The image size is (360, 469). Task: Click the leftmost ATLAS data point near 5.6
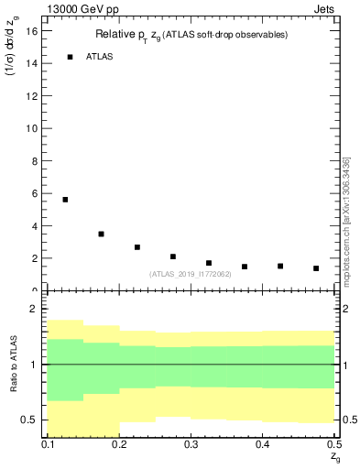tap(65, 200)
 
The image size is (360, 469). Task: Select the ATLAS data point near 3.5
tap(101, 234)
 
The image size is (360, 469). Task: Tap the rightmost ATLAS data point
tap(316, 268)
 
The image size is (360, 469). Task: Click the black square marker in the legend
tap(70, 57)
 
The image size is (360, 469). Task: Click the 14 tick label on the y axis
tap(34, 63)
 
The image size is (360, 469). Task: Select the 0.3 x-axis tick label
tap(191, 444)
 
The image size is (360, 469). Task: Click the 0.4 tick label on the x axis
tap(262, 444)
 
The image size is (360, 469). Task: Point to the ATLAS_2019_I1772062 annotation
tap(190, 274)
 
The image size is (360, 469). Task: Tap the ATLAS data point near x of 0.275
tap(172, 256)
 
